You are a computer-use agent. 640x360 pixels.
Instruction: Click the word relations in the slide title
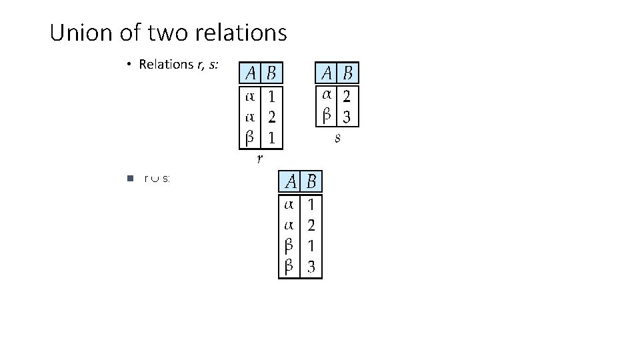click(x=241, y=31)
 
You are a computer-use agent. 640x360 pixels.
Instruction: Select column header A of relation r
click(x=251, y=72)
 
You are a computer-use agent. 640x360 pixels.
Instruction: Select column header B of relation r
click(x=273, y=72)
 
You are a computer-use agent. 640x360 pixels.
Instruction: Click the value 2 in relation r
click(x=272, y=117)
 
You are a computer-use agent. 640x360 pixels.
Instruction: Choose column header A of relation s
click(x=327, y=72)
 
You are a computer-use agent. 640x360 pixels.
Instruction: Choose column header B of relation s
click(x=349, y=72)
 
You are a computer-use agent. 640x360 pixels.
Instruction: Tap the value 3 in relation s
click(x=347, y=117)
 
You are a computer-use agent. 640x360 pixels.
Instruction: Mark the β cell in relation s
click(x=327, y=116)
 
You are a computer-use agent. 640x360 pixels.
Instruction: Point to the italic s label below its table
click(x=338, y=138)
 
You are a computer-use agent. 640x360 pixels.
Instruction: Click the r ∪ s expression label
click(x=157, y=179)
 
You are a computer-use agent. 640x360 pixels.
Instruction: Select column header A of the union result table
click(x=291, y=181)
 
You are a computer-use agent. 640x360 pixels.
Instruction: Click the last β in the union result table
click(x=289, y=267)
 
